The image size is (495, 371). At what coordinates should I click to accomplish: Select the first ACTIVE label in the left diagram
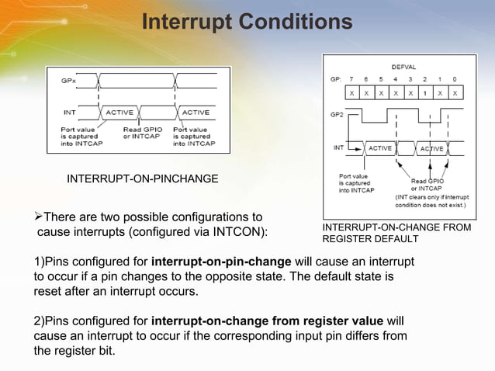[120, 112]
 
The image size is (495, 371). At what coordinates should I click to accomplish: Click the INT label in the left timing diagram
[69, 112]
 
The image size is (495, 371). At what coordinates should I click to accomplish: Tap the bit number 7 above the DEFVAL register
[351, 79]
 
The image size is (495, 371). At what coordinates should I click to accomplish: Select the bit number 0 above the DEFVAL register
[455, 79]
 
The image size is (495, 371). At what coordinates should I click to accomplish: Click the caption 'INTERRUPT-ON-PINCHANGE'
[143, 180]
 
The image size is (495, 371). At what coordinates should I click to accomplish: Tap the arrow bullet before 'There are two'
[39, 217]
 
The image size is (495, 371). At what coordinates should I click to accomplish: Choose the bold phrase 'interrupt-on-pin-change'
[221, 260]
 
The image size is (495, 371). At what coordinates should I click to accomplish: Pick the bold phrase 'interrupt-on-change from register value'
[267, 321]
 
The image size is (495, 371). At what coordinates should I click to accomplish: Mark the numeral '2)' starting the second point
[40, 321]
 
